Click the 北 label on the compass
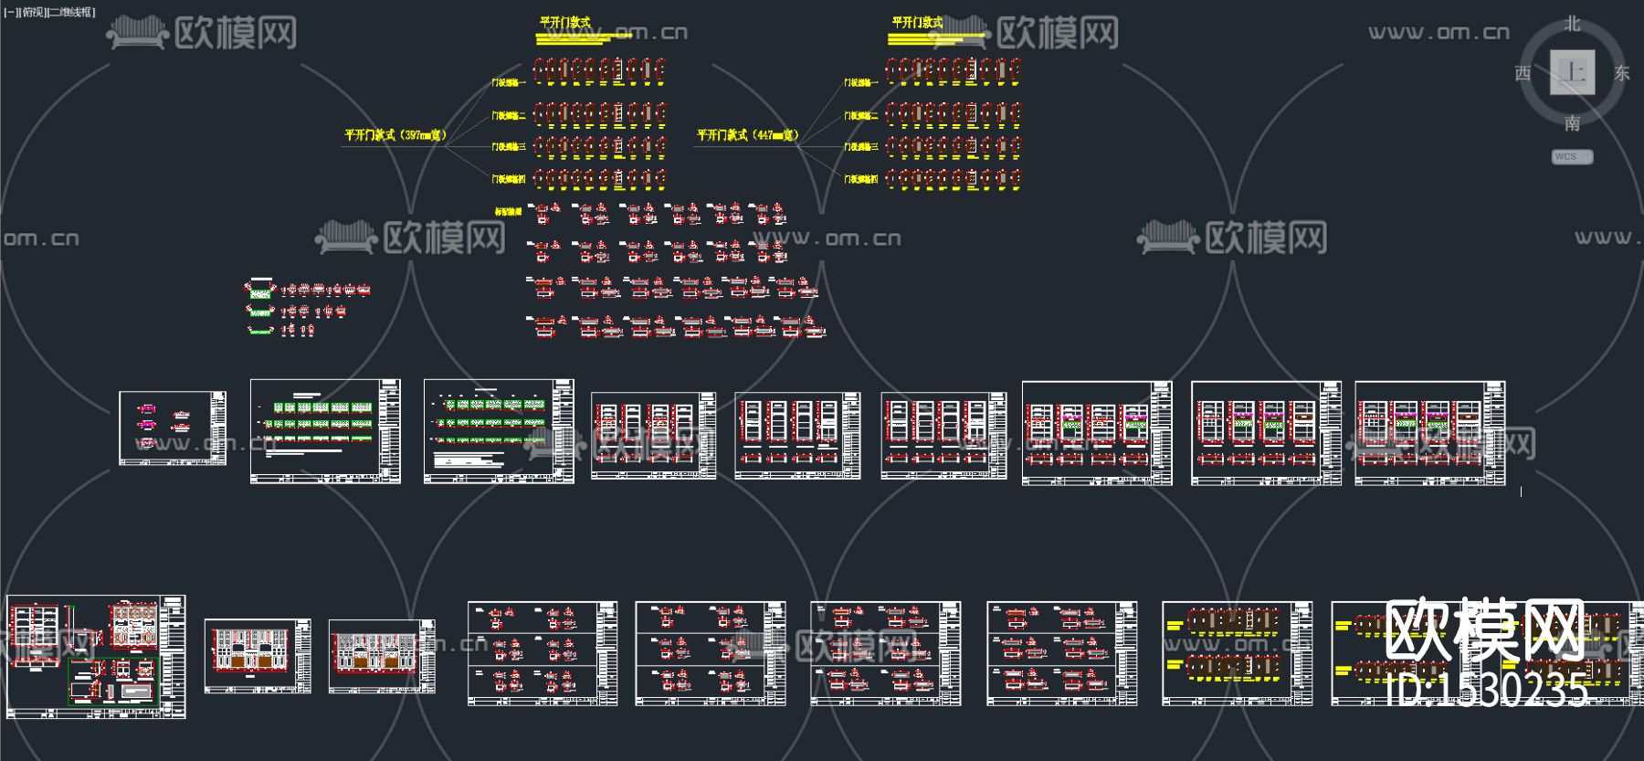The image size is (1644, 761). pyautogui.click(x=1572, y=24)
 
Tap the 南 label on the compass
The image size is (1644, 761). pyautogui.click(x=1572, y=122)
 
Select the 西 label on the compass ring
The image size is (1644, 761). pyautogui.click(x=1523, y=73)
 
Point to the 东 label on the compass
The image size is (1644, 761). pyautogui.click(x=1622, y=73)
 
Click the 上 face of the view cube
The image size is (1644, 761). pyautogui.click(x=1573, y=72)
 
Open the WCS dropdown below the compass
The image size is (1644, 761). pyautogui.click(x=1572, y=156)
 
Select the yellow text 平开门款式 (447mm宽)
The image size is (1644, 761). pyautogui.click(x=747, y=135)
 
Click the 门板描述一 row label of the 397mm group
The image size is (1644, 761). pyautogui.click(x=509, y=83)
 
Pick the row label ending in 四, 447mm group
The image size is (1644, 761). pyautogui.click(x=861, y=179)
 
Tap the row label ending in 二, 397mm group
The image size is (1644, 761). pyautogui.click(x=509, y=116)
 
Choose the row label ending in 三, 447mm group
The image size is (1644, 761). pyautogui.click(x=861, y=147)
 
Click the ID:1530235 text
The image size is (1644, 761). pyautogui.click(x=1487, y=691)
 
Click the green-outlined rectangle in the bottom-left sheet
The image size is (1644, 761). pyautogui.click(x=114, y=681)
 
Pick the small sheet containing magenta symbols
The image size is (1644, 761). pyautogui.click(x=173, y=428)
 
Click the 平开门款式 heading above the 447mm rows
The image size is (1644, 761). pyautogui.click(x=917, y=23)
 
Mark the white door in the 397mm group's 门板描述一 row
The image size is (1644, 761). pyautogui.click(x=617, y=70)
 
